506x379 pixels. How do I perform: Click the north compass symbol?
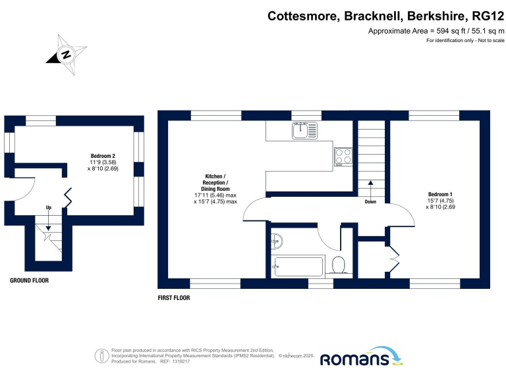[x=67, y=55]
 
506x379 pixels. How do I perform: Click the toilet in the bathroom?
[x=339, y=265]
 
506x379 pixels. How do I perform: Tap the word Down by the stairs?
[x=370, y=202]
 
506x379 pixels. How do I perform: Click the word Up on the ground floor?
[x=48, y=207]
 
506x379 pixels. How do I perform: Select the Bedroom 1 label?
[x=440, y=194]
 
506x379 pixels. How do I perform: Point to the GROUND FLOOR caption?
[x=29, y=280]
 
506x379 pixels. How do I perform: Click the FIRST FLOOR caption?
[x=173, y=298]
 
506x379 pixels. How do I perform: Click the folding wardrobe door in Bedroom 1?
[x=395, y=262]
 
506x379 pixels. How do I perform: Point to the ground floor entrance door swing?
[x=24, y=190]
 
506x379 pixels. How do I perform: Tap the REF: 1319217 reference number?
[x=173, y=362]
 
